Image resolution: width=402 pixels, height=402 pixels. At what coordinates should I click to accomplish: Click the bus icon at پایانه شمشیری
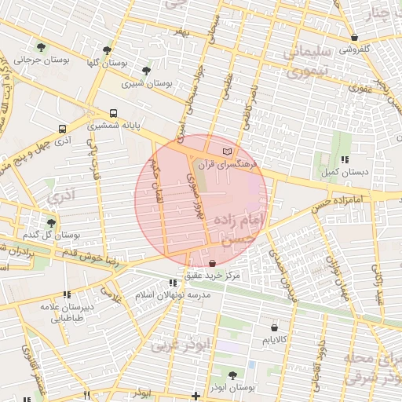click(114, 113)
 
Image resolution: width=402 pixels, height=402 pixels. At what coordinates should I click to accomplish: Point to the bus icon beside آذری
click(62, 129)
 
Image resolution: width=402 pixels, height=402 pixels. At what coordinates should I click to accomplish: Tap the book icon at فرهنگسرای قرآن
click(228, 150)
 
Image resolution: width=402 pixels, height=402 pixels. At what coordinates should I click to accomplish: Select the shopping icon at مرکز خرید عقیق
click(214, 263)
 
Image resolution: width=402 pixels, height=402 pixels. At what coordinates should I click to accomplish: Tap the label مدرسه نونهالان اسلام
click(173, 294)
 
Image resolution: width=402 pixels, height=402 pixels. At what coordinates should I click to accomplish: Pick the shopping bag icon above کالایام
click(273, 327)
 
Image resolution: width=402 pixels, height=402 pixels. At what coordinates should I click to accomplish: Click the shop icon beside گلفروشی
click(355, 37)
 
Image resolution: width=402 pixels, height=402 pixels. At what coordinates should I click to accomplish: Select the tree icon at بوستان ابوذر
click(232, 375)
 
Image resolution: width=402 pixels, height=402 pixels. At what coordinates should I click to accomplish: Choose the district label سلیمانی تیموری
click(298, 63)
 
